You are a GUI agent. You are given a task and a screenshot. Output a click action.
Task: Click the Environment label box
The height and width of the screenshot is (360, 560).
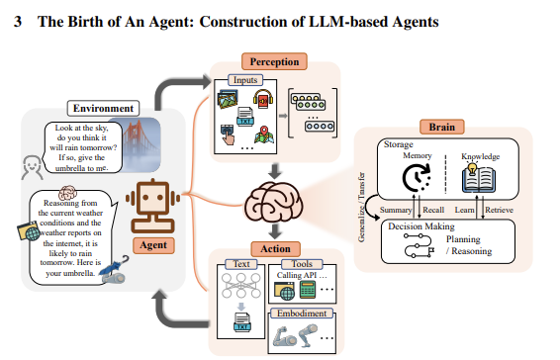[x=102, y=107]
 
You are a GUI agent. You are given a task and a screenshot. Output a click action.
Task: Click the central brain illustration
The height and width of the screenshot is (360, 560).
[x=271, y=207]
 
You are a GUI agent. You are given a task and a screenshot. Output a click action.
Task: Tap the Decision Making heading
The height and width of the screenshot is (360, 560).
[x=420, y=226]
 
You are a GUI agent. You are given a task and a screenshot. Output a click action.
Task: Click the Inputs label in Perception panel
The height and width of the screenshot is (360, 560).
[x=244, y=79]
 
